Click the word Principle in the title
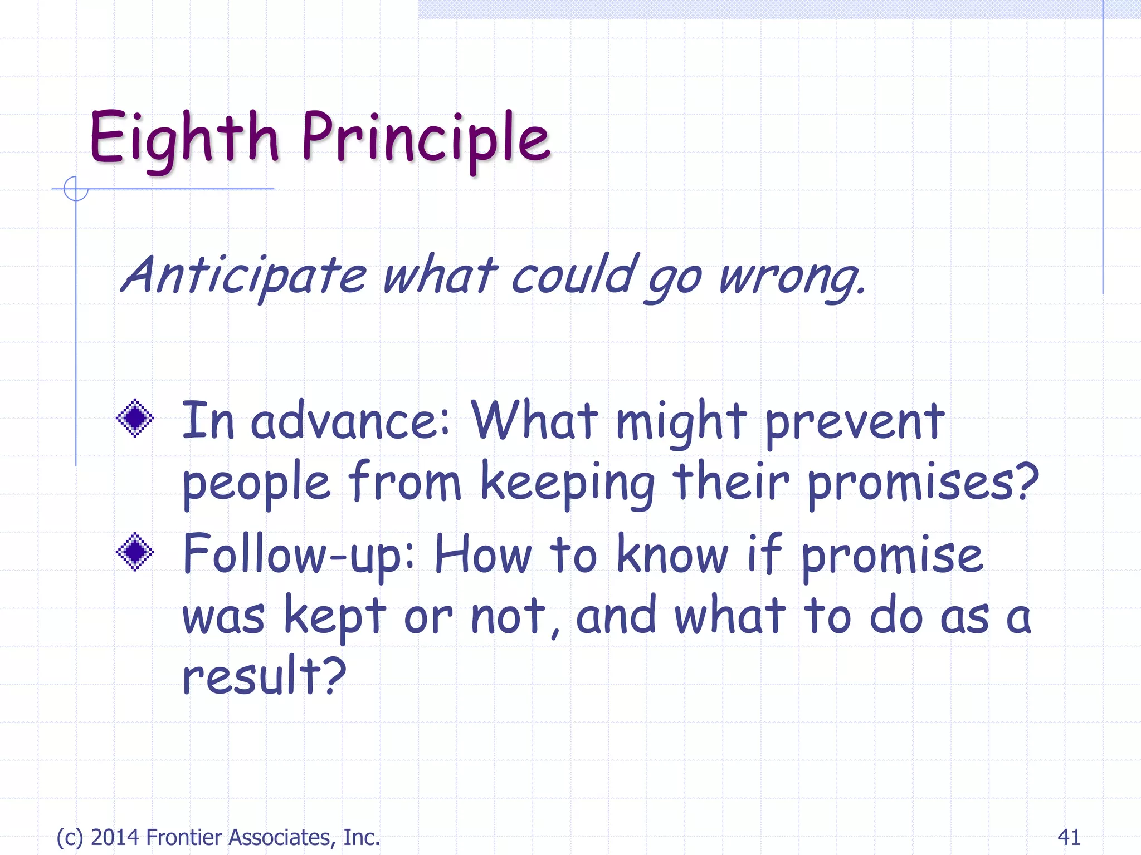(x=426, y=139)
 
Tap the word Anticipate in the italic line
(x=243, y=276)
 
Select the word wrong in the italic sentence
(x=791, y=277)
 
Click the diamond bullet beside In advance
(x=135, y=418)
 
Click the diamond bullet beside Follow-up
(x=135, y=552)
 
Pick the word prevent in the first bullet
(x=855, y=423)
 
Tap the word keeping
(x=567, y=483)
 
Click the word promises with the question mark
(x=922, y=483)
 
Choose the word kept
(x=335, y=617)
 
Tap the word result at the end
(x=264, y=676)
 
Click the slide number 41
(x=1069, y=837)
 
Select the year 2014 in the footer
(x=115, y=837)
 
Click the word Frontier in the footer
(x=184, y=837)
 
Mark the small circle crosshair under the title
(x=76, y=189)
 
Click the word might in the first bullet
(x=681, y=423)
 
